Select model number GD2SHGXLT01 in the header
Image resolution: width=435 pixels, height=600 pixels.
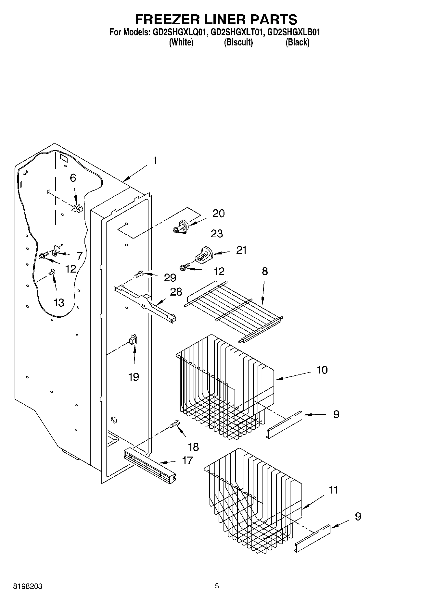(x=237, y=32)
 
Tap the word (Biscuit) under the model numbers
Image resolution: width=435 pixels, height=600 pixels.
(x=238, y=42)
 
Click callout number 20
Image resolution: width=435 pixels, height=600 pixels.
(x=219, y=214)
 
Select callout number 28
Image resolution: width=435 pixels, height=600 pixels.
(x=176, y=291)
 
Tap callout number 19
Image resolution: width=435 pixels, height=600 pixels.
(x=134, y=377)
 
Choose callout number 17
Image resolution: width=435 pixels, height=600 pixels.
(x=187, y=460)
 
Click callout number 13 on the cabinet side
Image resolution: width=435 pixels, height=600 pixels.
(x=59, y=303)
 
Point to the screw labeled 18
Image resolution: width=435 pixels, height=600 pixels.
(x=174, y=423)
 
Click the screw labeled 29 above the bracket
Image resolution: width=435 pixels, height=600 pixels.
(x=139, y=274)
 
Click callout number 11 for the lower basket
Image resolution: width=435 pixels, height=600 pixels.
(x=333, y=490)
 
